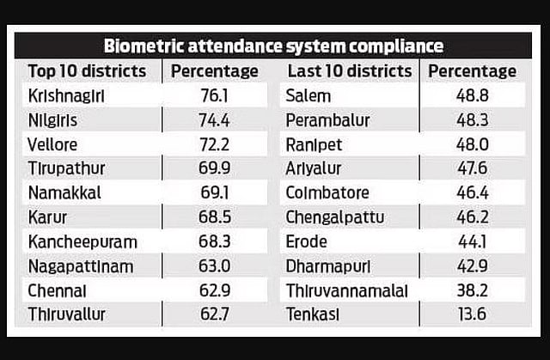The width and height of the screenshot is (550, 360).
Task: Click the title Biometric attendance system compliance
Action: (273, 46)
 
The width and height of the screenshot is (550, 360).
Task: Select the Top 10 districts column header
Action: (87, 70)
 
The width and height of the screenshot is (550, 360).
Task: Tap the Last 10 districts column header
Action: (350, 70)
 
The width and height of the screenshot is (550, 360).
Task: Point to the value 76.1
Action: (214, 95)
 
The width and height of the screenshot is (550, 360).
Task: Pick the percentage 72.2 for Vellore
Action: (214, 143)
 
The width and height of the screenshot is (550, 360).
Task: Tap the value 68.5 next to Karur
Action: (214, 217)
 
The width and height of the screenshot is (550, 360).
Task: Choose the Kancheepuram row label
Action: (82, 241)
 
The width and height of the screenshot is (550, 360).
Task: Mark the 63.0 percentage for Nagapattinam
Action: (214, 265)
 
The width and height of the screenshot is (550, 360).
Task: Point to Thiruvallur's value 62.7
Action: (214, 314)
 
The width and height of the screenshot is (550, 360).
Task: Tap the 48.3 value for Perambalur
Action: (473, 119)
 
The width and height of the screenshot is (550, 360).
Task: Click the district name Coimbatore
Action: (327, 192)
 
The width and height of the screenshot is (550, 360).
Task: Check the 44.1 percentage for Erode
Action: (473, 241)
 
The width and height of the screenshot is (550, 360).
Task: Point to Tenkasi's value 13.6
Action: (473, 314)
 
